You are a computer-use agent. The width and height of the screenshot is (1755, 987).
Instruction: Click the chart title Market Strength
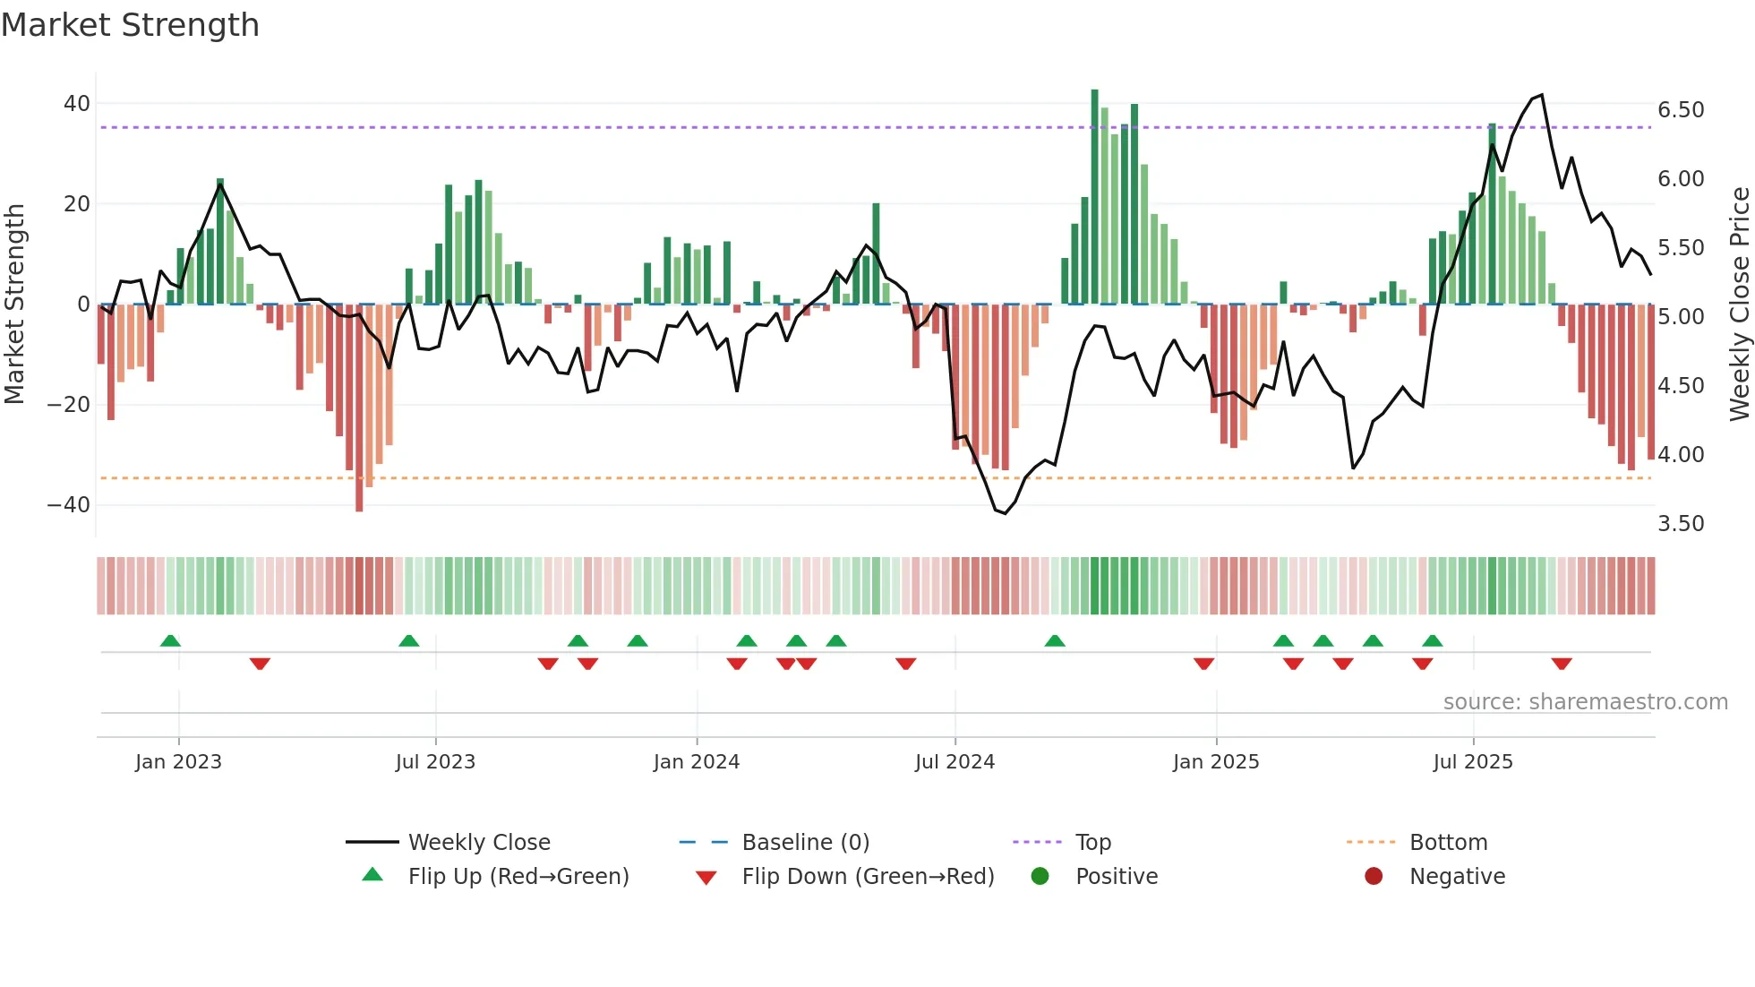[x=130, y=25]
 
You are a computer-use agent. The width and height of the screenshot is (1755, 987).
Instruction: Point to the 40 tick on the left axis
[x=77, y=104]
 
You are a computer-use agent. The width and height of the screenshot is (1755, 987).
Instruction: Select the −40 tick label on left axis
[x=69, y=505]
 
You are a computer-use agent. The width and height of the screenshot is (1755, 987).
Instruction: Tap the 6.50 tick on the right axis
[x=1681, y=110]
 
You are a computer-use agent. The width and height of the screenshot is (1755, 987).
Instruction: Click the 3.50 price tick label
[x=1681, y=524]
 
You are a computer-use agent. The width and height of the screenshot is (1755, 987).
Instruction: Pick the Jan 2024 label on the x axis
[x=697, y=762]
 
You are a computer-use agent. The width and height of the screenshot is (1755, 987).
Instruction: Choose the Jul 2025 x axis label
[x=1473, y=762]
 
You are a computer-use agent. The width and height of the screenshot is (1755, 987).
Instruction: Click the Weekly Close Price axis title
[x=1739, y=305]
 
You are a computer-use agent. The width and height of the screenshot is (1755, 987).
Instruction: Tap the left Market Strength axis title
[x=14, y=305]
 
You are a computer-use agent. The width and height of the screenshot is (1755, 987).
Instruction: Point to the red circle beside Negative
[x=1374, y=877]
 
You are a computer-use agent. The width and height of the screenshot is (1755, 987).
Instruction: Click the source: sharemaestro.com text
[x=1585, y=702]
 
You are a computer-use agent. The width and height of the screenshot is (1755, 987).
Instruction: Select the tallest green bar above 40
[x=1094, y=197]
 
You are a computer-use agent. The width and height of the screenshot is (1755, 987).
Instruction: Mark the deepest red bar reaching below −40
[x=359, y=408]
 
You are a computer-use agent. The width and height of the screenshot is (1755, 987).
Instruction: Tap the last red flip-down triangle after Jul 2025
[x=1562, y=664]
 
